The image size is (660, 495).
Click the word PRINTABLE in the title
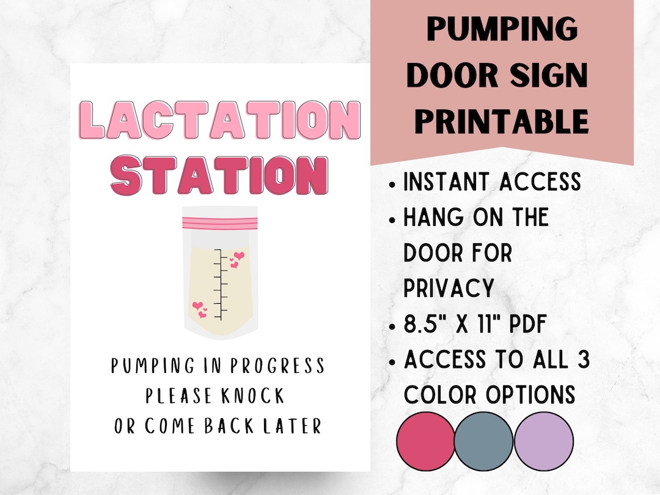(502, 120)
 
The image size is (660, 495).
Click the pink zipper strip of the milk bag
(220, 219)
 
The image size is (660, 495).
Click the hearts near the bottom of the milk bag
(200, 309)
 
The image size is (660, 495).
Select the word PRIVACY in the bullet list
(449, 287)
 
